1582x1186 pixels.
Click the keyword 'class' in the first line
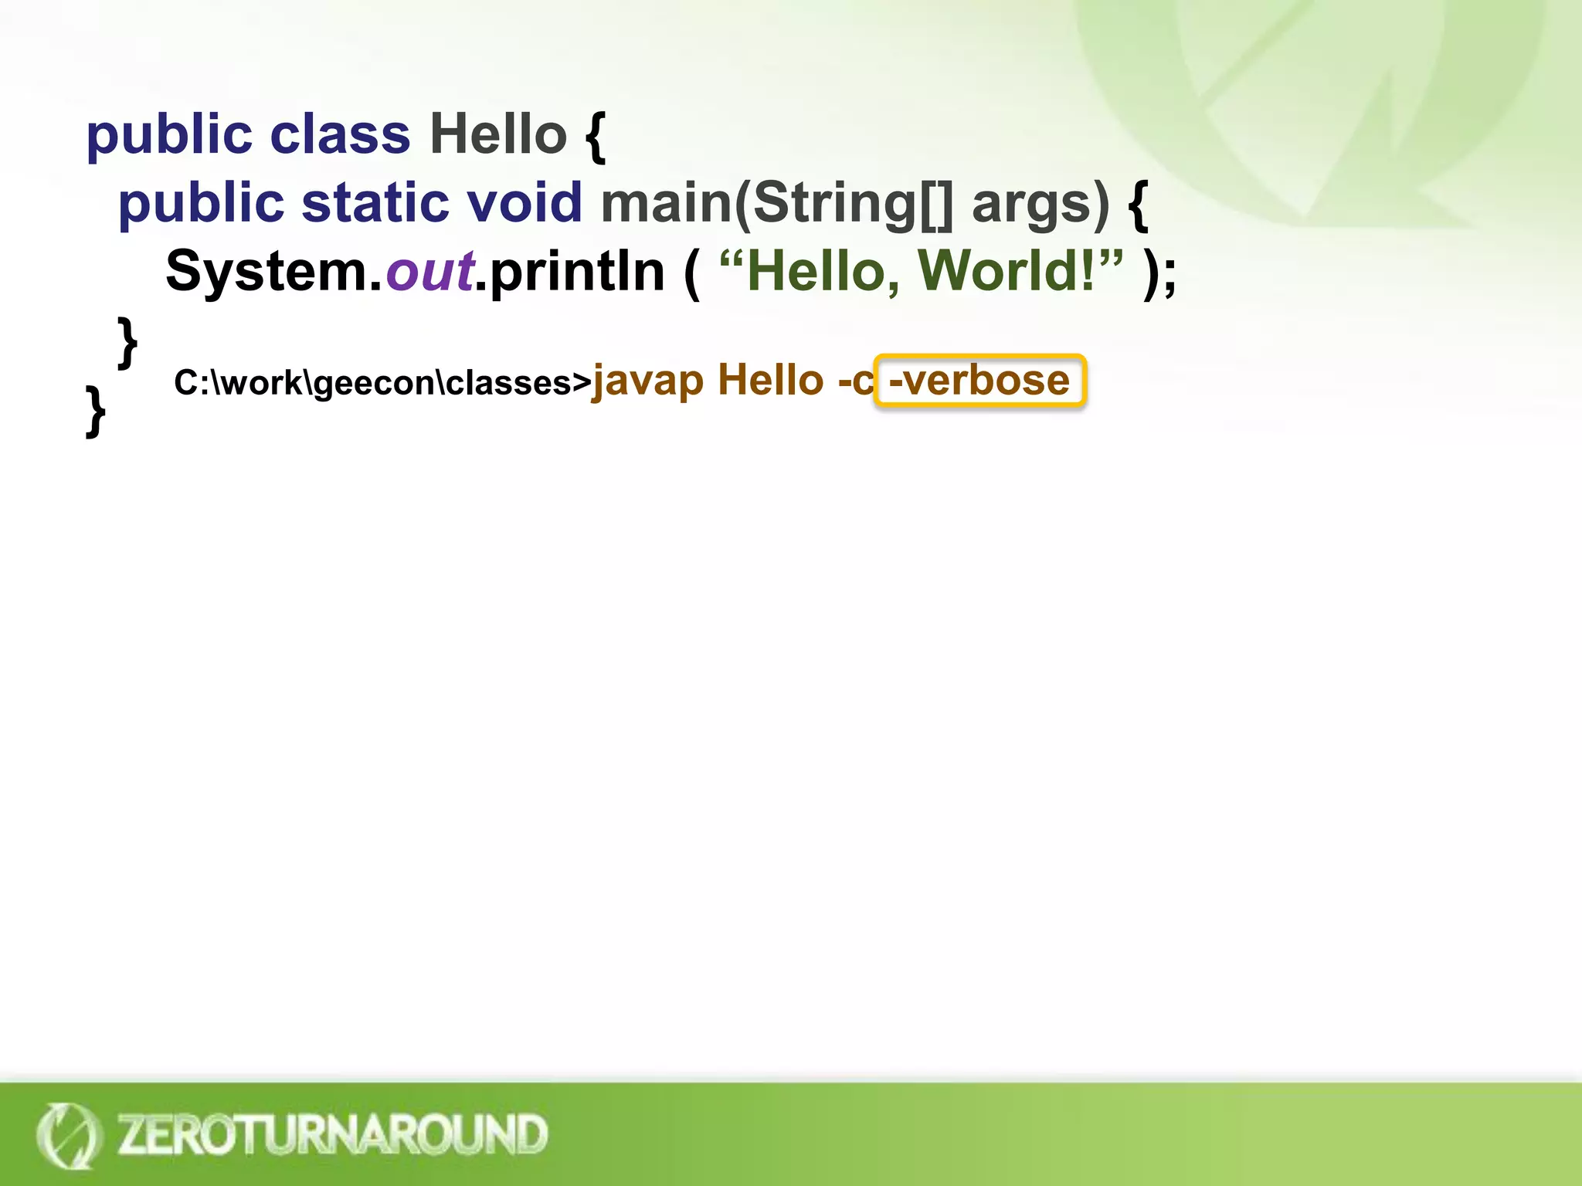pos(340,135)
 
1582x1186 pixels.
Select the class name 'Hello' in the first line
pos(498,135)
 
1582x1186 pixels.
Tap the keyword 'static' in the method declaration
pos(375,203)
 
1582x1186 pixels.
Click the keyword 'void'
pos(525,203)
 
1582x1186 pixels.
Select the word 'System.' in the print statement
pos(274,273)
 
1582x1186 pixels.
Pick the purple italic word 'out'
pos(429,273)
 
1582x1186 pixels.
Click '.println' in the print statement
pos(569,273)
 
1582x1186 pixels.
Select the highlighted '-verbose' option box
pos(979,381)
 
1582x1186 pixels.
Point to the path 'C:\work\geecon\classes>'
pos(382,383)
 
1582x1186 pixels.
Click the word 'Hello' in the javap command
pos(770,381)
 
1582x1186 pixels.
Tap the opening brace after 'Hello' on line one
pos(596,137)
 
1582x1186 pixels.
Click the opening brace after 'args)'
pos(1139,205)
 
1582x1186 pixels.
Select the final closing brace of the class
pos(95,411)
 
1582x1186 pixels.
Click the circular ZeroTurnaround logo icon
pos(68,1135)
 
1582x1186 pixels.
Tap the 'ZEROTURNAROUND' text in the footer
pos(332,1135)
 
